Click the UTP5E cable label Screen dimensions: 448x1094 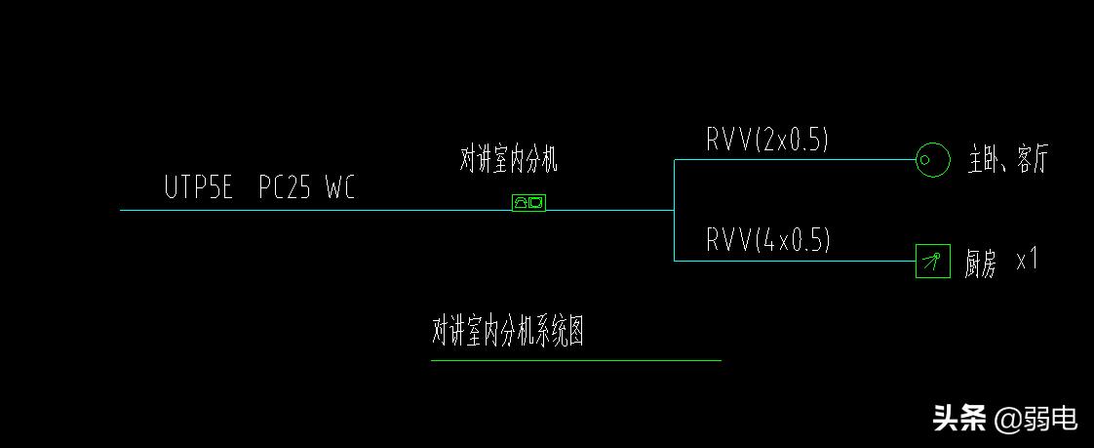(x=199, y=187)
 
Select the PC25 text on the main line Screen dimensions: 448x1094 (x=285, y=187)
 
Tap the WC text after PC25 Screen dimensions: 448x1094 (x=340, y=187)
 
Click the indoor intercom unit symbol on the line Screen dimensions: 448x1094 (x=528, y=203)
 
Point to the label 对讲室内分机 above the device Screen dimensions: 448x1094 (x=508, y=159)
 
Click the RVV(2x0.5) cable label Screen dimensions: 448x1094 (x=767, y=140)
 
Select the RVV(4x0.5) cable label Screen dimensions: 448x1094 (x=768, y=239)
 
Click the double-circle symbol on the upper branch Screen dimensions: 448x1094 (x=933, y=159)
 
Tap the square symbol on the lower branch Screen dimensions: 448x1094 (x=933, y=261)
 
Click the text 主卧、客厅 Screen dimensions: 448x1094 (x=1007, y=160)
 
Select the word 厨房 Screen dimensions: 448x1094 (x=981, y=264)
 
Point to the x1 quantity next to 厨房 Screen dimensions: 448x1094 (x=1028, y=261)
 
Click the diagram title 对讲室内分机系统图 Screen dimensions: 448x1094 (x=508, y=332)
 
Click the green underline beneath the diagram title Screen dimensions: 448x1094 (x=575, y=360)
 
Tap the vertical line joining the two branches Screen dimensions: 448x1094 (x=674, y=210)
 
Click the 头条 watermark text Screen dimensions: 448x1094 (x=959, y=419)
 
